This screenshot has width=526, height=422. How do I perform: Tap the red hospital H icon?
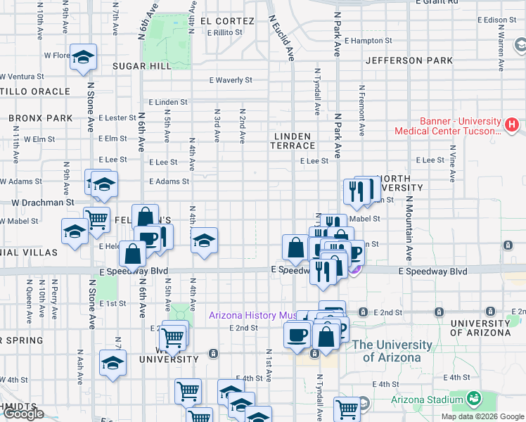coord(512,126)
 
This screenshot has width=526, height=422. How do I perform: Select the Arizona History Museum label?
coord(252,315)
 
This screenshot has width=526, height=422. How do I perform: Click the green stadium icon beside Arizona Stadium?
coord(474,399)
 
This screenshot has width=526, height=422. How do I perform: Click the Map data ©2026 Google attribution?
coord(482,416)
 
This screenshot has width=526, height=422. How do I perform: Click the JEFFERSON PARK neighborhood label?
coord(409,60)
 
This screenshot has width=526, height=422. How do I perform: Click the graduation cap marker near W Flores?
coord(83,59)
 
